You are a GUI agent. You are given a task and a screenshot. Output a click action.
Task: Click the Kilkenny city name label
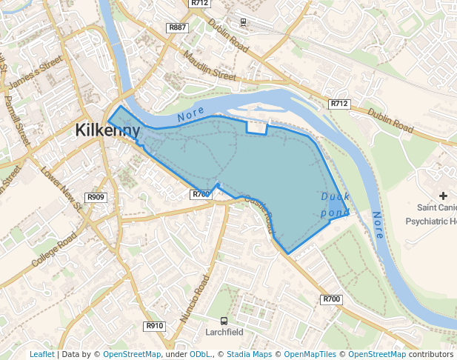[107, 131]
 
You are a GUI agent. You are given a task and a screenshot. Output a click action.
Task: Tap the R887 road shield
[177, 27]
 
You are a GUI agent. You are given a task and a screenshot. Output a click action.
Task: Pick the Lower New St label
[61, 189]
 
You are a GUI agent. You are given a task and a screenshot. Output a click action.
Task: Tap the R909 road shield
[96, 197]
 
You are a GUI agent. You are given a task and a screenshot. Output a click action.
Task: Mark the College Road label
[54, 251]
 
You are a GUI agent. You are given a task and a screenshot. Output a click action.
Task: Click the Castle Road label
[259, 214]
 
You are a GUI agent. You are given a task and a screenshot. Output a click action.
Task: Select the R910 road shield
[154, 326]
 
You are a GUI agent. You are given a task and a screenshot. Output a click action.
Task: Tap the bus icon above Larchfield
[224, 320]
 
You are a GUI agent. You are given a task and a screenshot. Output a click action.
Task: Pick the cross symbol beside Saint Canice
[444, 196]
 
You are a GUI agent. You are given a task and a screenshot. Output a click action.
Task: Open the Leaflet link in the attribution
[42, 354]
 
